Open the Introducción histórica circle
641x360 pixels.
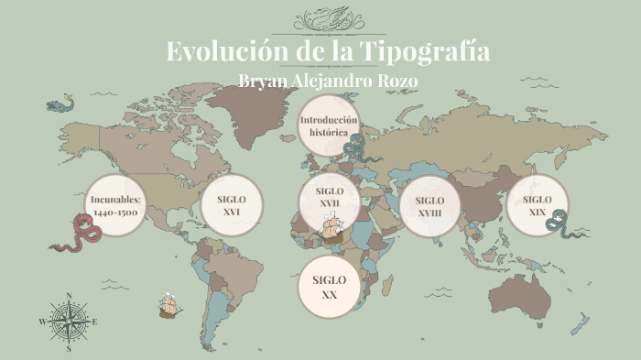(328, 126)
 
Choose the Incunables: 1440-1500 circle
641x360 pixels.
(115, 205)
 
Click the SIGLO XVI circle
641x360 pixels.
(232, 205)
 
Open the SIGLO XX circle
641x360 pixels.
(329, 287)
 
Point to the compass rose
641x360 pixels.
(68, 322)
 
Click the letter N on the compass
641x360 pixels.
(68, 296)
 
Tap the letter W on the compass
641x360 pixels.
(42, 322)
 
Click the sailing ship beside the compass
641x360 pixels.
(168, 305)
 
